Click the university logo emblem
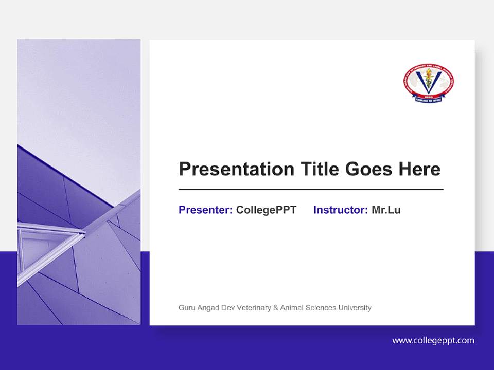tap(428, 83)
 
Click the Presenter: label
tap(205, 210)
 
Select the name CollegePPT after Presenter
tap(266, 210)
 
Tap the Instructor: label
tap(340, 210)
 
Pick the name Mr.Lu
tap(386, 210)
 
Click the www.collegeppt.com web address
tap(433, 340)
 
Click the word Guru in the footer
tap(187, 308)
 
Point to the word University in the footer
tap(355, 308)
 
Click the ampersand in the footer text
tap(276, 308)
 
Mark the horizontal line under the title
tap(311, 190)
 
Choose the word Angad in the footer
tap(208, 308)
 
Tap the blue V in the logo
tap(429, 82)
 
